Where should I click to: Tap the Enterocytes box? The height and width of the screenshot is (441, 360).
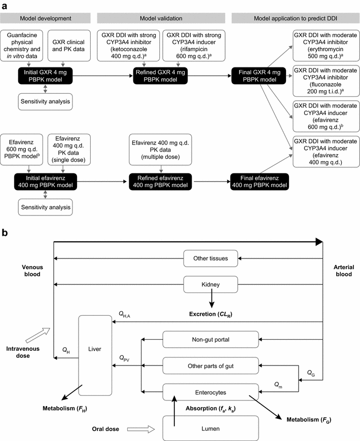[x=210, y=392]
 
